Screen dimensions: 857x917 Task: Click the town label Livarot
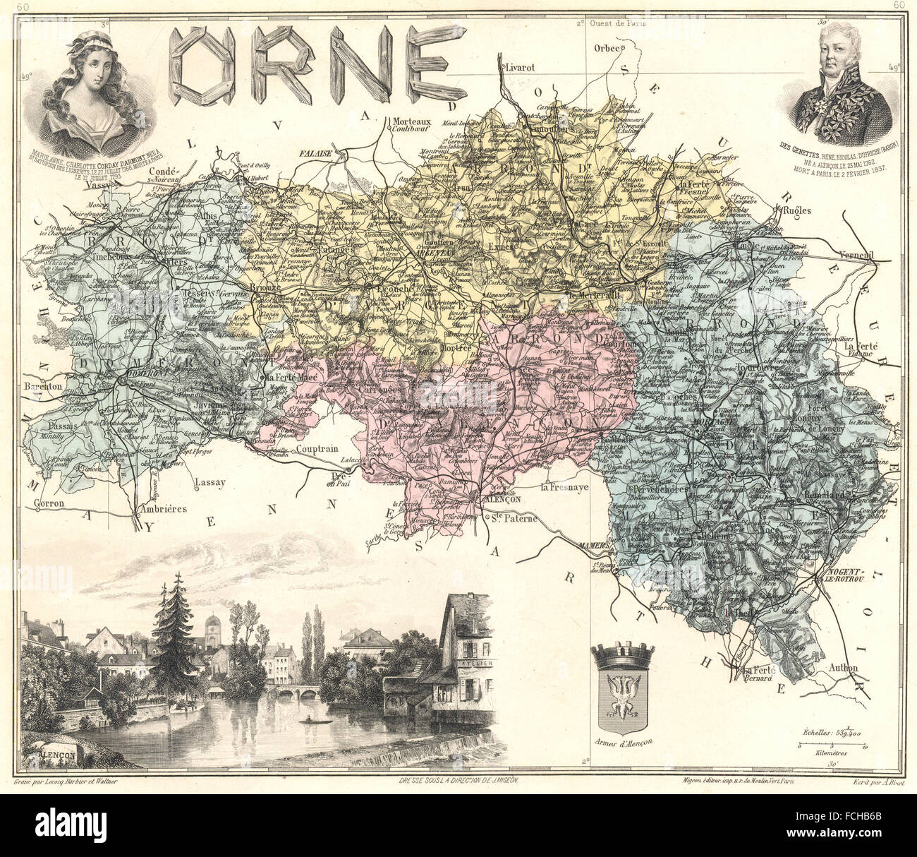tap(518, 67)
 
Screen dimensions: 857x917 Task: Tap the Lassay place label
tap(210, 483)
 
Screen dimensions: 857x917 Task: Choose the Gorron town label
tap(49, 503)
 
